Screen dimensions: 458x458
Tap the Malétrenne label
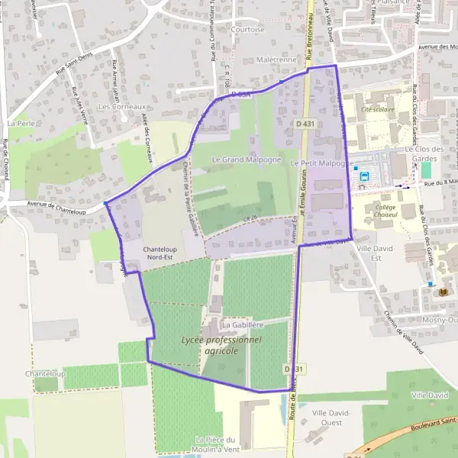[277, 60]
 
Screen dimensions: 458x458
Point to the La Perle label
[21, 122]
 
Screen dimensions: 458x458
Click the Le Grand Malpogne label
[237, 160]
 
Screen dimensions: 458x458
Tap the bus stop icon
[364, 176]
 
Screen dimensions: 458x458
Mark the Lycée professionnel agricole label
[221, 345]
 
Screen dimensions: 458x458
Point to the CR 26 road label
[251, 219]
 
